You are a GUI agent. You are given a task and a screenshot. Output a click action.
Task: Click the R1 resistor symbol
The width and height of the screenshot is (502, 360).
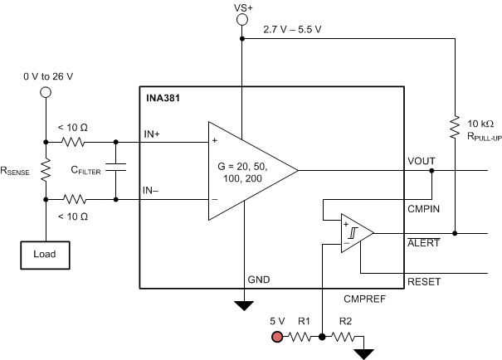(301, 337)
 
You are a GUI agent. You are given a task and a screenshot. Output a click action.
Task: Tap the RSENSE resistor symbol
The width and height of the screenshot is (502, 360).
(46, 170)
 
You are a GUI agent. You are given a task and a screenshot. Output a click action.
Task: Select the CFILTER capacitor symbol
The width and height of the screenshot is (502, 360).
(117, 169)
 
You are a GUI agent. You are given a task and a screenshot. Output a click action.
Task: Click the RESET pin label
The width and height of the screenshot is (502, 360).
(423, 282)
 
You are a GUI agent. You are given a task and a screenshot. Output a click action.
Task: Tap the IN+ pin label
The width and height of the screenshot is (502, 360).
(151, 133)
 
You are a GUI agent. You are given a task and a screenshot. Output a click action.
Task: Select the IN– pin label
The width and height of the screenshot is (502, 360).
(151, 191)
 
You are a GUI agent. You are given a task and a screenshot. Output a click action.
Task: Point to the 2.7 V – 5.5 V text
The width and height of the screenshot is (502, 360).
(293, 31)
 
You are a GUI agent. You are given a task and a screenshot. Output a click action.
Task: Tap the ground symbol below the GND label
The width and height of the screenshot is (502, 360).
(243, 305)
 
